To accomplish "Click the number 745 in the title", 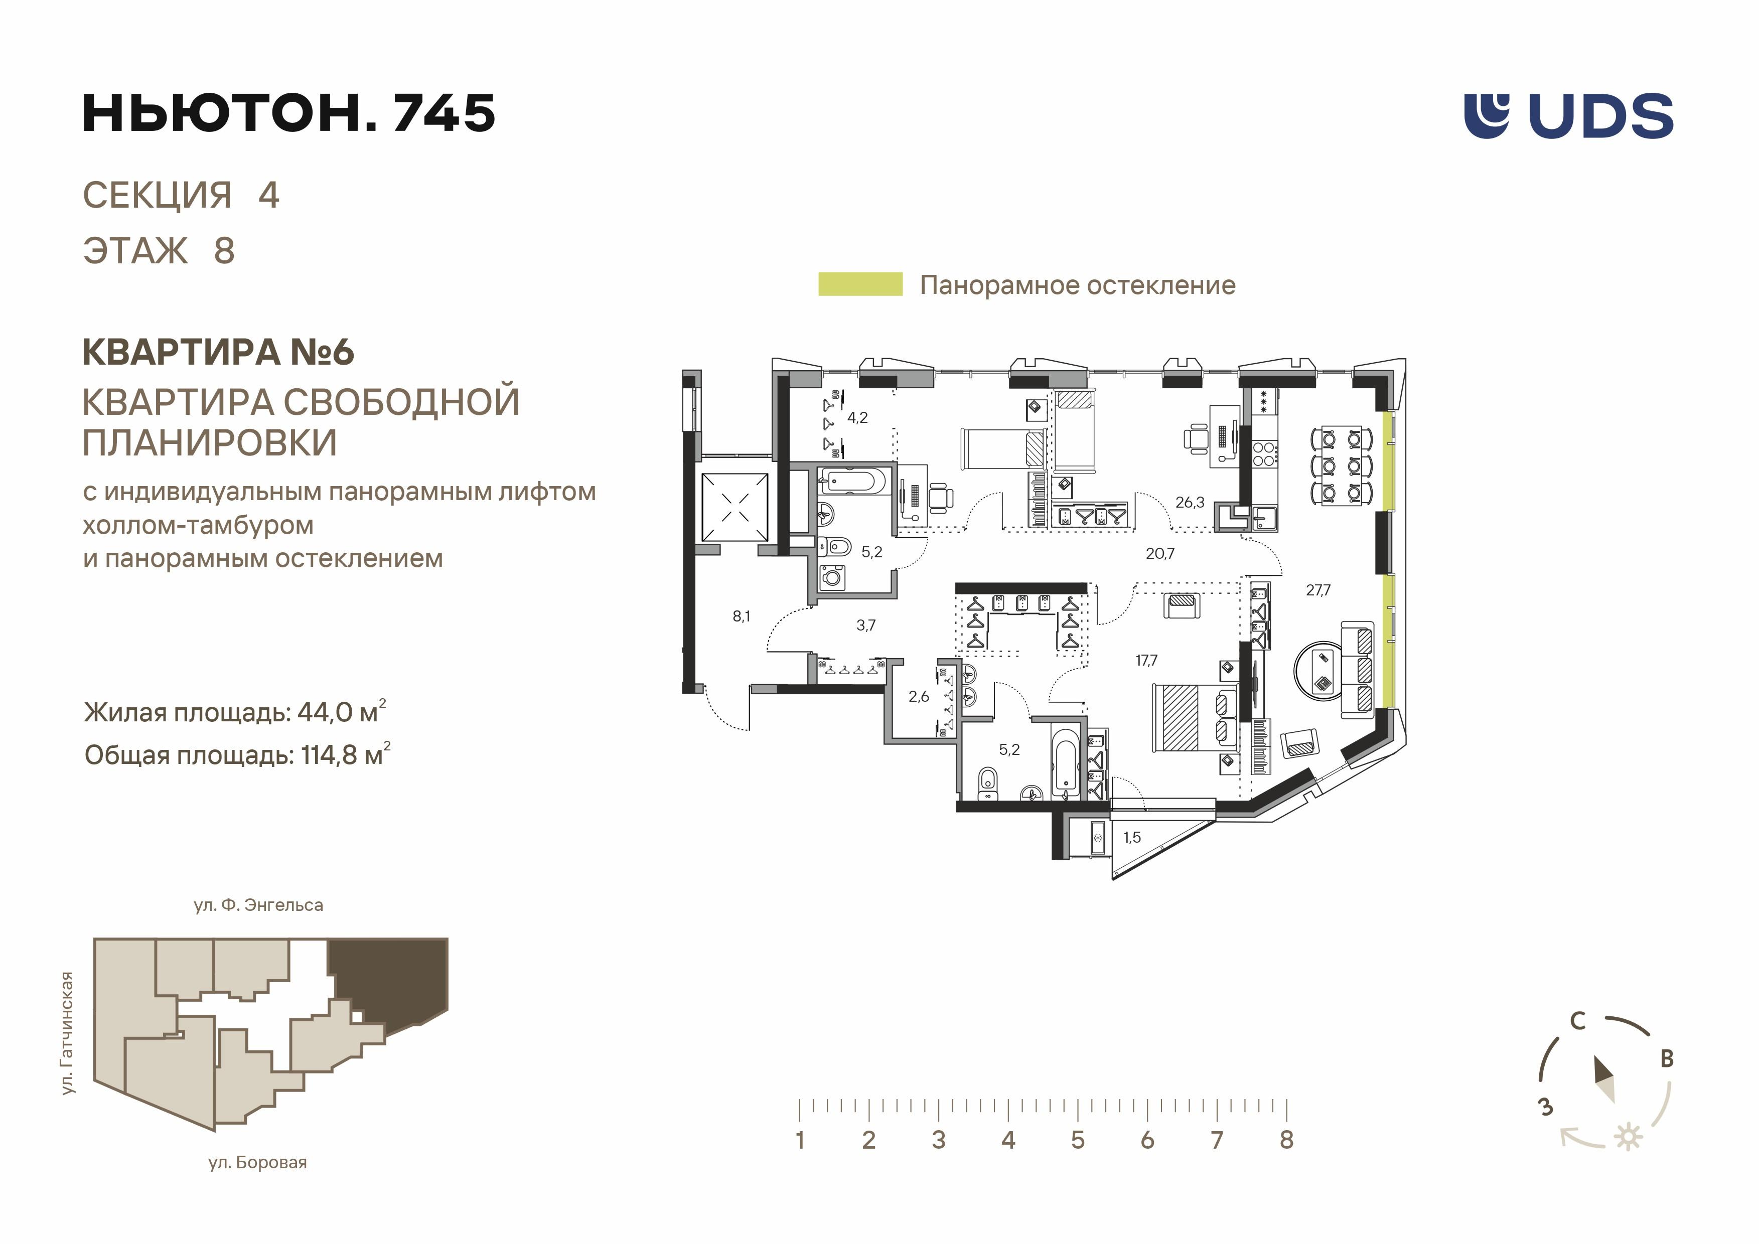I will coord(444,113).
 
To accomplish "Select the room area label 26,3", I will coord(1190,503).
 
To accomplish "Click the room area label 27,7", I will coord(1317,590).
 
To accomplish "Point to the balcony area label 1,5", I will coord(1131,837).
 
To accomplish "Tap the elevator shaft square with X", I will coord(735,507).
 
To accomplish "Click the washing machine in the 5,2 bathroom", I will coord(831,576).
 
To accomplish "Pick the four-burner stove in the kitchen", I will coord(1263,453).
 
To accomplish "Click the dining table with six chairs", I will coord(1341,465).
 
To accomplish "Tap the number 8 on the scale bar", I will coord(1286,1140).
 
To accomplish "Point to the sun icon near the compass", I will coord(1628,1137).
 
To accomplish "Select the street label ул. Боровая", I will coord(257,1163).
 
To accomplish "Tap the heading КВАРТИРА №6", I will coord(218,352).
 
